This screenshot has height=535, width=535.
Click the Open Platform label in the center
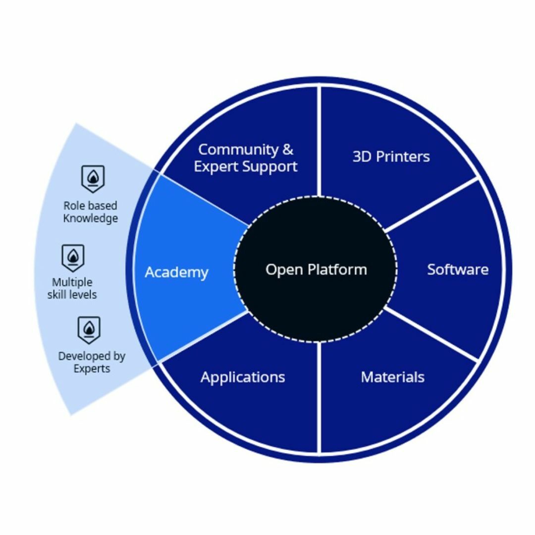point(316,270)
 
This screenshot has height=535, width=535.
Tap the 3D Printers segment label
point(391,157)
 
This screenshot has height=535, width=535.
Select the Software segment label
point(458,269)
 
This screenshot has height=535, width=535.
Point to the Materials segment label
point(392,377)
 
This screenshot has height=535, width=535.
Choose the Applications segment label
point(243,377)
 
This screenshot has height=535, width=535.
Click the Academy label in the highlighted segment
point(176,272)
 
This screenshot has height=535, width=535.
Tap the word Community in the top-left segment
point(232,149)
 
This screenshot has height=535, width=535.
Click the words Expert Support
point(246,166)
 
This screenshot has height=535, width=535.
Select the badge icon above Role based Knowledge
point(93,178)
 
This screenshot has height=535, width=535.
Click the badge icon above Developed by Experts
point(89,329)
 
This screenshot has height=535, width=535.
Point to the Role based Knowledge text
point(91,212)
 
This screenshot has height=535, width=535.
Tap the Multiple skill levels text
point(72,288)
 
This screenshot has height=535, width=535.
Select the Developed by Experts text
point(92,362)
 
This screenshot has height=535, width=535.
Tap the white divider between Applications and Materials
point(319,396)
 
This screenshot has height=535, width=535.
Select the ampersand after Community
point(288,149)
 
